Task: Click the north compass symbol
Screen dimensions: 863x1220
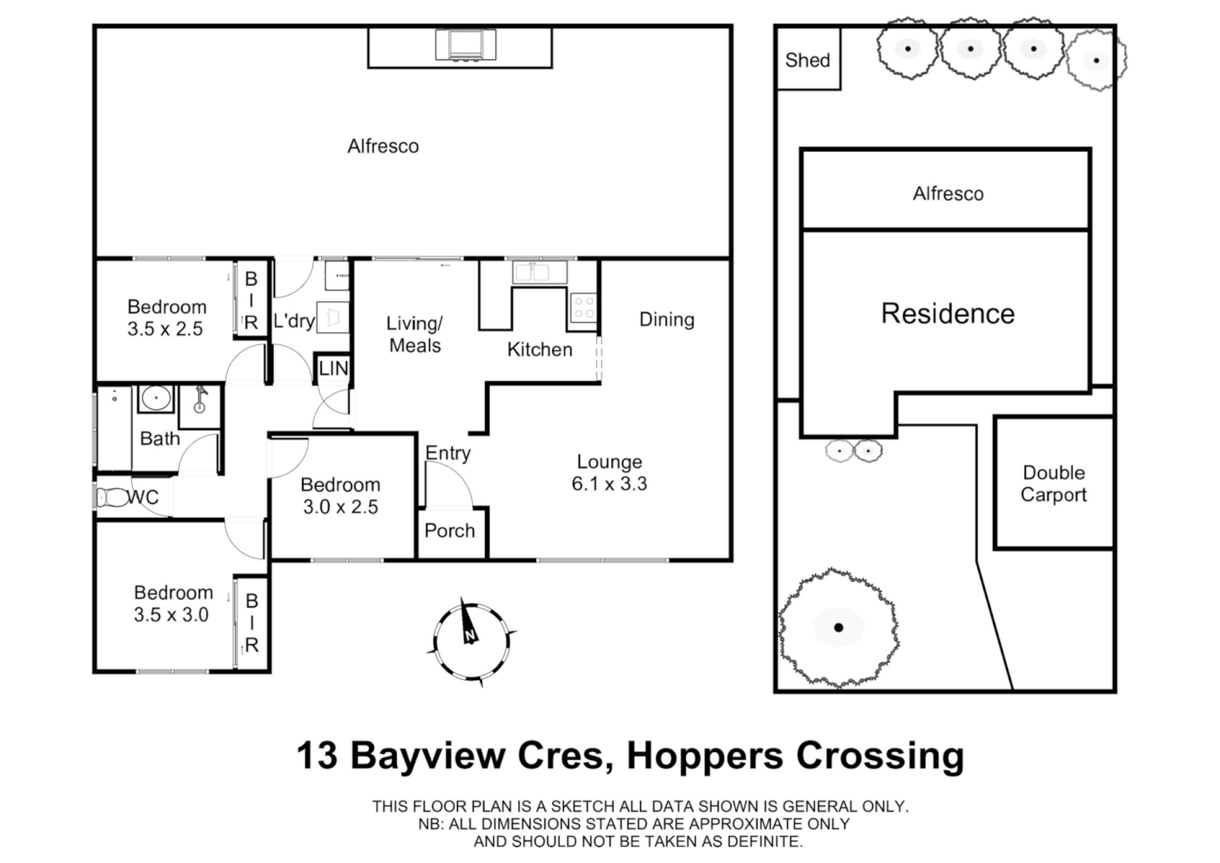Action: pyautogui.click(x=471, y=642)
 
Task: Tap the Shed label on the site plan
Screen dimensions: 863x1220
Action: pyautogui.click(x=808, y=60)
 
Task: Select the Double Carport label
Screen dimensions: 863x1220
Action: pyautogui.click(x=1053, y=483)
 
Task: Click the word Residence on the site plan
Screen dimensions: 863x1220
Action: pyautogui.click(x=948, y=313)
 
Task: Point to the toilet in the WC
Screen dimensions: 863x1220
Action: pyautogui.click(x=108, y=497)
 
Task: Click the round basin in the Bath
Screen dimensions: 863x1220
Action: pyautogui.click(x=155, y=397)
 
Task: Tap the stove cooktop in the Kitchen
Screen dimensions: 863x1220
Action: pyautogui.click(x=583, y=308)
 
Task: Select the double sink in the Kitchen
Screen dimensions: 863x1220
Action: pyautogui.click(x=531, y=272)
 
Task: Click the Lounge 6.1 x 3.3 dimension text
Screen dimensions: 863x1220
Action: pyautogui.click(x=609, y=483)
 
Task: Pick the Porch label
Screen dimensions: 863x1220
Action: pyautogui.click(x=450, y=531)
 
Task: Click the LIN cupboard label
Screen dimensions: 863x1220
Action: pyautogui.click(x=333, y=368)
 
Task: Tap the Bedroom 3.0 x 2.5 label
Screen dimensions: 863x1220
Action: pyautogui.click(x=340, y=495)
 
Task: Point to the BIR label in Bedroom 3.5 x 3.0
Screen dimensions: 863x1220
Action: pyautogui.click(x=252, y=622)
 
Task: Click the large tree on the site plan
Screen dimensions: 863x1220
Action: pyautogui.click(x=838, y=627)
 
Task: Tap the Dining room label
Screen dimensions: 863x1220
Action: pyautogui.click(x=666, y=320)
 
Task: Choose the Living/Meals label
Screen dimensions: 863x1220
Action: pyautogui.click(x=415, y=334)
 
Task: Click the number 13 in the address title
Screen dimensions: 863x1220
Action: pyautogui.click(x=317, y=755)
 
